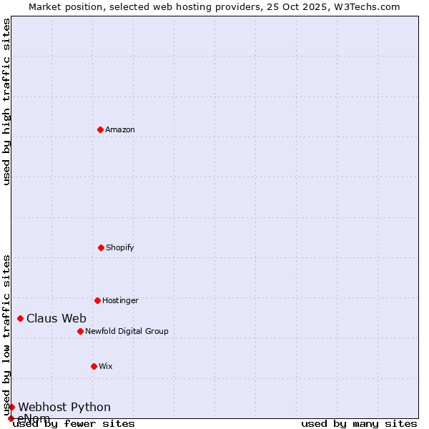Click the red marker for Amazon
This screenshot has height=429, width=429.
click(100, 129)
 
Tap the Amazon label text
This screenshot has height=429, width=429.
click(120, 130)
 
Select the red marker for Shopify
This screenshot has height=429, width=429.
click(101, 247)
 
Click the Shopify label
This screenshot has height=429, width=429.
click(119, 248)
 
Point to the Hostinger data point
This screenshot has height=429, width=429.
click(97, 300)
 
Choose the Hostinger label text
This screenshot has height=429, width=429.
click(120, 301)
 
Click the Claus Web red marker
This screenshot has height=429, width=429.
click(20, 318)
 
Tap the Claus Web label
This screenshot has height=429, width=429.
click(56, 319)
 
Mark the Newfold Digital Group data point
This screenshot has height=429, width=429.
click(80, 331)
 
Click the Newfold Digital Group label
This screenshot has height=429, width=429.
click(127, 332)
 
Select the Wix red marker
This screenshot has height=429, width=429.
click(94, 366)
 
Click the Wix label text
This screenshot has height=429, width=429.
click(106, 367)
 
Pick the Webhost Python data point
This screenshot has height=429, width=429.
click(11, 407)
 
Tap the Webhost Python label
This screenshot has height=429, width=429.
click(64, 408)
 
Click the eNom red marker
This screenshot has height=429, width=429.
click(11, 418)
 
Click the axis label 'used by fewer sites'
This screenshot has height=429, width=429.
click(74, 424)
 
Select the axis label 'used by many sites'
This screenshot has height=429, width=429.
click(359, 424)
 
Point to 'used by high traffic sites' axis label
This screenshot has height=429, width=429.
click(6, 102)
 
